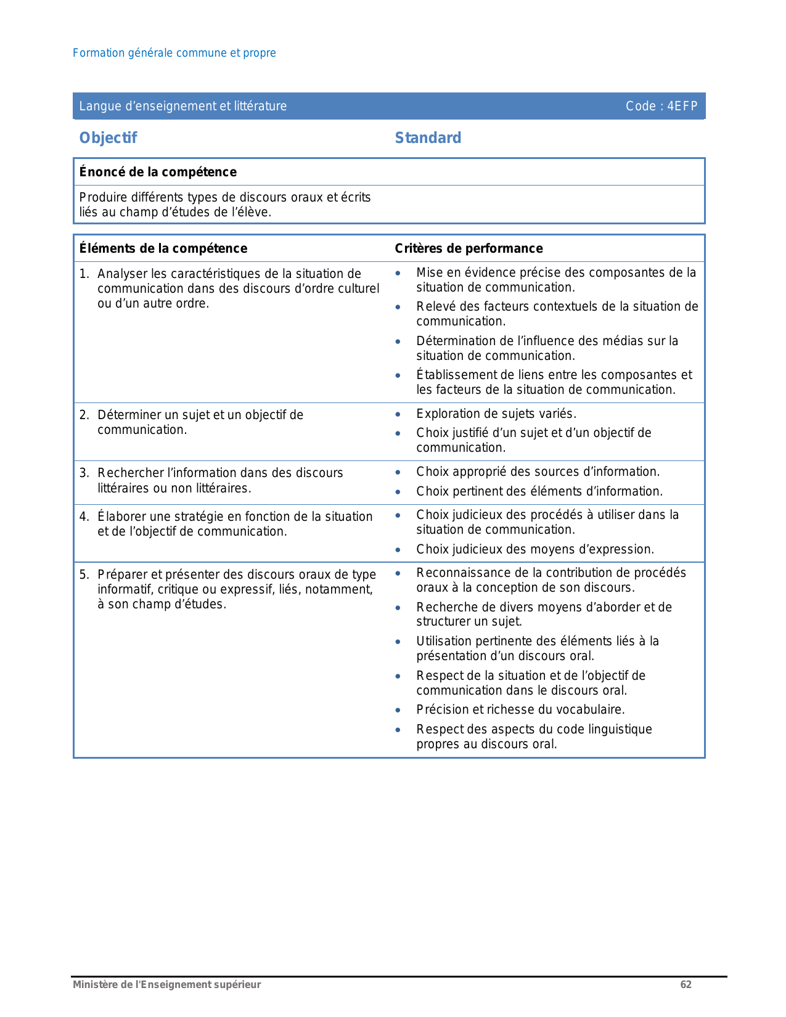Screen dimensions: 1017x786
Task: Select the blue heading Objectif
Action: (108, 138)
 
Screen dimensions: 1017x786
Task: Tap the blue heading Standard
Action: (428, 138)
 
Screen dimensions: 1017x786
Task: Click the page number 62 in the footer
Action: (686, 984)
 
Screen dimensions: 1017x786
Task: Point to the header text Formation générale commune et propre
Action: (174, 53)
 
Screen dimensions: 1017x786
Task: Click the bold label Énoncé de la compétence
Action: (158, 172)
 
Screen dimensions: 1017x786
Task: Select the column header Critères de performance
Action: (469, 248)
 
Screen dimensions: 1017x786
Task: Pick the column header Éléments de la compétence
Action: (163, 248)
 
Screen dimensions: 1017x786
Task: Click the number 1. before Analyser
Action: (84, 274)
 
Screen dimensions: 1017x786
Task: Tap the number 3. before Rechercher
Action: (84, 473)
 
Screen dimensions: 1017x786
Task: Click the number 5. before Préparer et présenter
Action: (84, 574)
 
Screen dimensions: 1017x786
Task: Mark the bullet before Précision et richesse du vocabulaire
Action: (398, 711)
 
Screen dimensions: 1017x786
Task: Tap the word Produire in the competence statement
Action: (99, 197)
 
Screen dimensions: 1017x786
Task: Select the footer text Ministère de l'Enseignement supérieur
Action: (167, 984)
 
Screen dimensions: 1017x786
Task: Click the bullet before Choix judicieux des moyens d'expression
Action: (398, 550)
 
